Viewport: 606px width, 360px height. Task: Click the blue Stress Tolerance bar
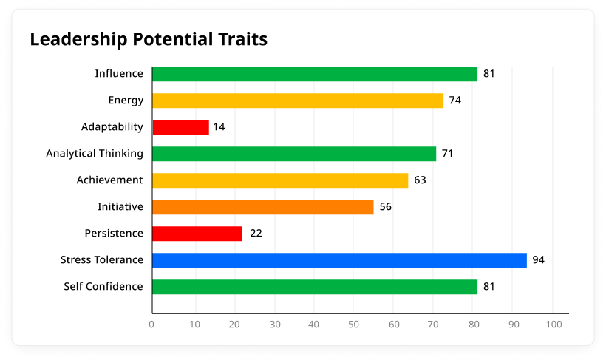[339, 260]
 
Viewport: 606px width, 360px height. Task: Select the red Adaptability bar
[180, 127]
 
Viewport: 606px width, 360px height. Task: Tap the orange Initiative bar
[262, 207]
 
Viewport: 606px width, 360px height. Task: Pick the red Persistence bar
[197, 234]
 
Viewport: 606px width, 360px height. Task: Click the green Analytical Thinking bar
[294, 154]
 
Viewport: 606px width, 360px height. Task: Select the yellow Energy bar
[297, 101]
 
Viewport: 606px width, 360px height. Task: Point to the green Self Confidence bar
[315, 287]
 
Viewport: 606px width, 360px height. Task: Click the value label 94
[538, 260]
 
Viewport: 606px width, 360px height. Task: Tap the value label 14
[219, 127]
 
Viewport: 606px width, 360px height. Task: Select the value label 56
[385, 207]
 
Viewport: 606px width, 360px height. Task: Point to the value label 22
[256, 234]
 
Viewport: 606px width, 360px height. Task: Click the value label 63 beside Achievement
[420, 180]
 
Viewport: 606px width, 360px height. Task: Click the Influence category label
[119, 74]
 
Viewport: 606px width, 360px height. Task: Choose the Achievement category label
[109, 180]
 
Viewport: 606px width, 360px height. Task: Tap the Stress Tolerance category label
[102, 260]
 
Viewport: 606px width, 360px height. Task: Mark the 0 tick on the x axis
[152, 324]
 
